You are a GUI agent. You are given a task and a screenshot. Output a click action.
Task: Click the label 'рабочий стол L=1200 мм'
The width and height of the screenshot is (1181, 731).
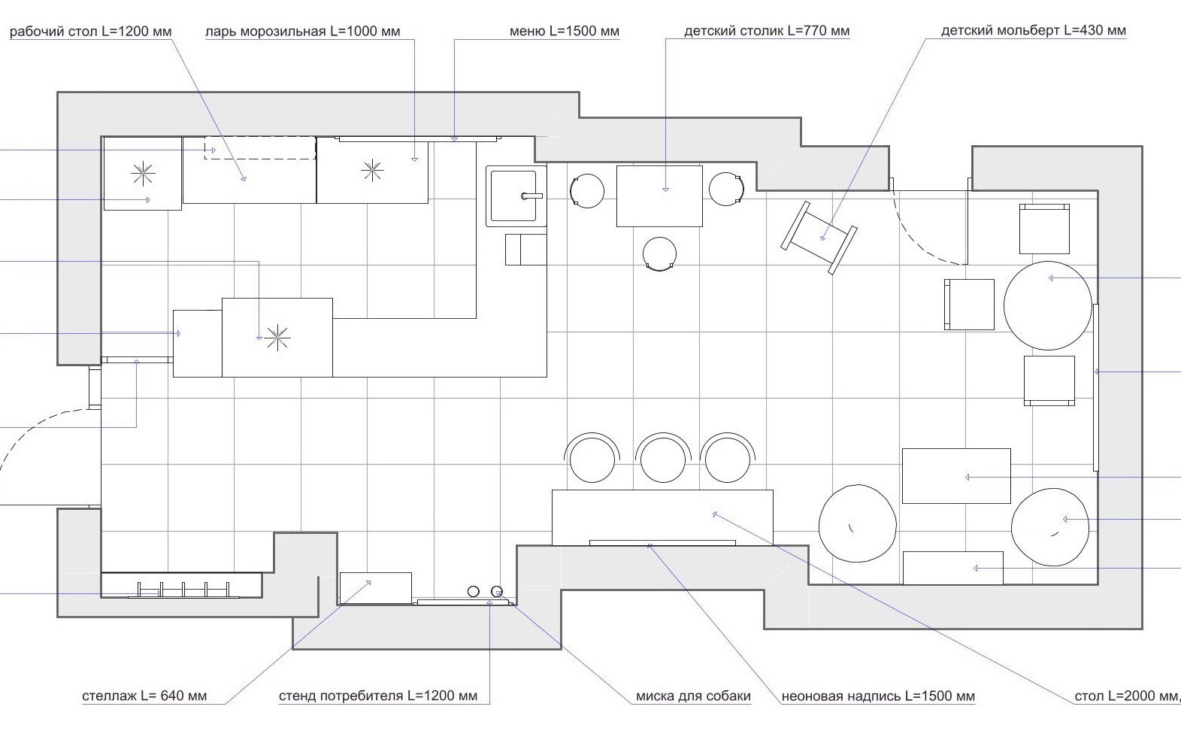click(91, 32)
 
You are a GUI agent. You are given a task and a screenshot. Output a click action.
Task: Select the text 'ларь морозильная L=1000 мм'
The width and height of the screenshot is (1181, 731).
click(303, 32)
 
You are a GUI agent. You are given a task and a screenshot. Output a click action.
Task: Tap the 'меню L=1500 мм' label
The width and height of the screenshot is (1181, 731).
click(564, 32)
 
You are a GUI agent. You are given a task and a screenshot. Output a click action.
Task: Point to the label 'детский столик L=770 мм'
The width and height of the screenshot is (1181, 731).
click(767, 32)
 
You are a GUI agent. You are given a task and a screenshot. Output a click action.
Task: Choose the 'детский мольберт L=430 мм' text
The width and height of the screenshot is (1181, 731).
click(1034, 31)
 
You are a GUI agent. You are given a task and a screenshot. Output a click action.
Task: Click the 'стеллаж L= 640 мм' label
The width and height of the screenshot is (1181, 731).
click(144, 696)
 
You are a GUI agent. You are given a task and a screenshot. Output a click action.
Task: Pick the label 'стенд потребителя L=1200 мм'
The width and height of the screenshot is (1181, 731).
click(378, 696)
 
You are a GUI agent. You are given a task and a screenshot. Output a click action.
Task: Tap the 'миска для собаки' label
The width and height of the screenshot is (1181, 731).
click(693, 696)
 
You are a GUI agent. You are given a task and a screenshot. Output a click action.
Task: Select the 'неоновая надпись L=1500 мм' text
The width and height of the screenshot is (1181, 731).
click(878, 696)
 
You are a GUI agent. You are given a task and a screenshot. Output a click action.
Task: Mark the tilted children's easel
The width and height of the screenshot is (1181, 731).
click(819, 238)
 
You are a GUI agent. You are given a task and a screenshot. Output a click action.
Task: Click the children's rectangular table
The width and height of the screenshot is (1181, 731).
click(659, 196)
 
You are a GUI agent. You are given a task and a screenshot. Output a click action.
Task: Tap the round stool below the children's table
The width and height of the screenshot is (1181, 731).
click(659, 253)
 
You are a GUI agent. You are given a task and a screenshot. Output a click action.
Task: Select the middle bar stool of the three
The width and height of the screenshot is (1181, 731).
click(663, 458)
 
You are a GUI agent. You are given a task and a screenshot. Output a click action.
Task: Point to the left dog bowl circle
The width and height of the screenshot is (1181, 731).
click(474, 591)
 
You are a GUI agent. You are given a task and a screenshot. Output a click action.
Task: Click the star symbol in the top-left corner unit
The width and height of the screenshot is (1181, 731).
click(142, 174)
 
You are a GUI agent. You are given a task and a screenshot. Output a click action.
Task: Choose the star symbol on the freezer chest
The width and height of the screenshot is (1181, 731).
click(372, 170)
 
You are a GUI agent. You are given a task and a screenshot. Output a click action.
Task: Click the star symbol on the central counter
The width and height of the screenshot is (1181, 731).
click(277, 338)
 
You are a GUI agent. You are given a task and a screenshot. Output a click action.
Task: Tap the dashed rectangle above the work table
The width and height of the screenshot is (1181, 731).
click(260, 147)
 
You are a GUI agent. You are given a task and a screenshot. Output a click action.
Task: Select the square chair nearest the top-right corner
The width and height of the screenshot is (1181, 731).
click(1044, 229)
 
